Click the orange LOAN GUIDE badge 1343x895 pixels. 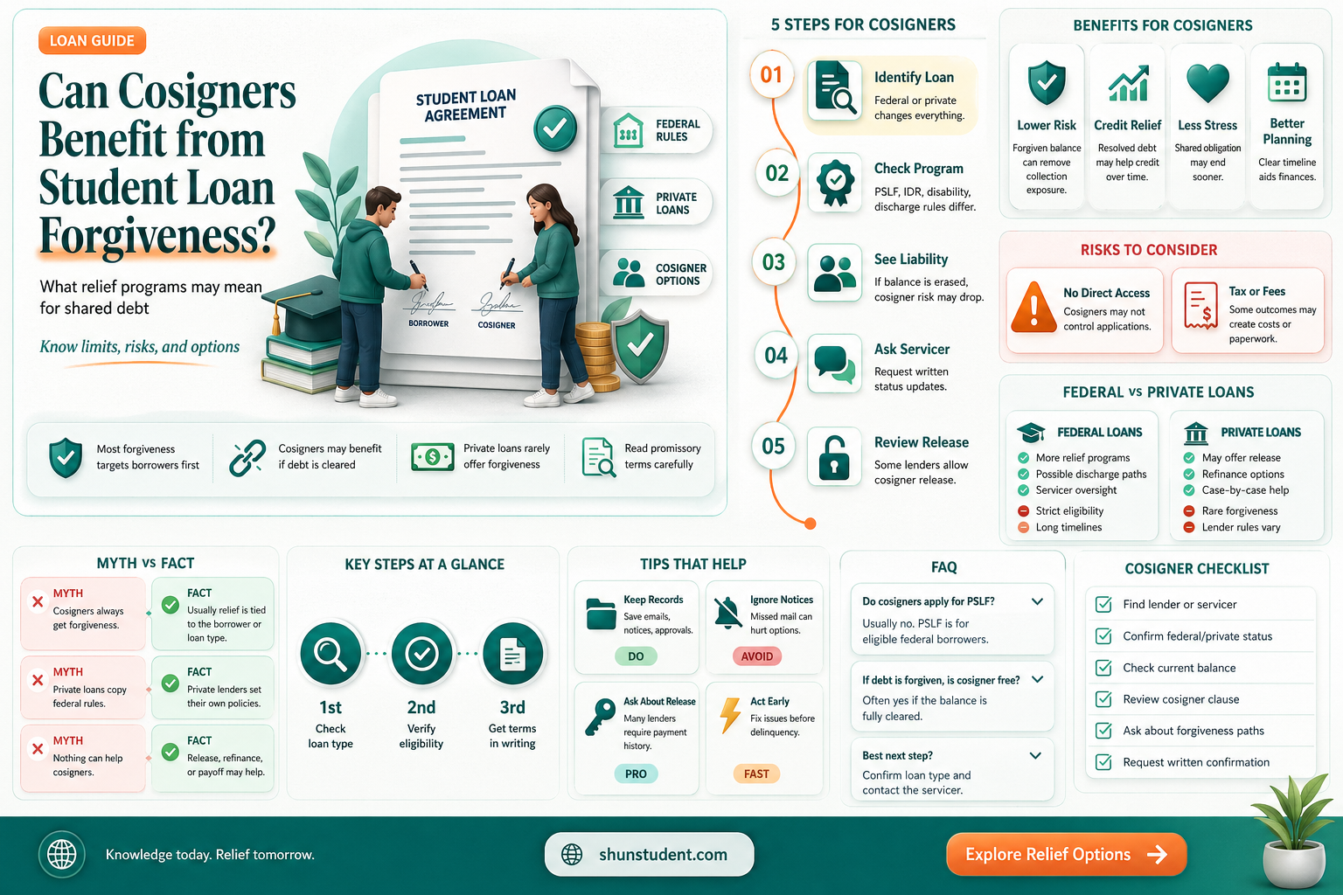click(x=92, y=41)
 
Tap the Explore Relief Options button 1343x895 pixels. click(x=1066, y=854)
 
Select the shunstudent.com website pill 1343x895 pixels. click(x=649, y=854)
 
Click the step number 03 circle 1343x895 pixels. click(x=774, y=262)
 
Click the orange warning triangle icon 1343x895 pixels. click(x=1033, y=307)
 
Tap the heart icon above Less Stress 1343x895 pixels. click(x=1207, y=82)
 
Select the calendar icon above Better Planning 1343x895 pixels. click(x=1287, y=82)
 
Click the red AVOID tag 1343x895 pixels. click(x=756, y=656)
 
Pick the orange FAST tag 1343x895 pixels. click(x=756, y=774)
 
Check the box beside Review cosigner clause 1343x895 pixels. click(x=1103, y=699)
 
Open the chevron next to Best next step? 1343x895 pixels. click(x=1035, y=755)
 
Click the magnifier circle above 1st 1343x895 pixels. click(x=331, y=654)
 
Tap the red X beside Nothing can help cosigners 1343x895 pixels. click(x=38, y=749)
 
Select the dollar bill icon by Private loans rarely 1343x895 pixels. click(x=432, y=457)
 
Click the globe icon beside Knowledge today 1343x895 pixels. click(x=62, y=854)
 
